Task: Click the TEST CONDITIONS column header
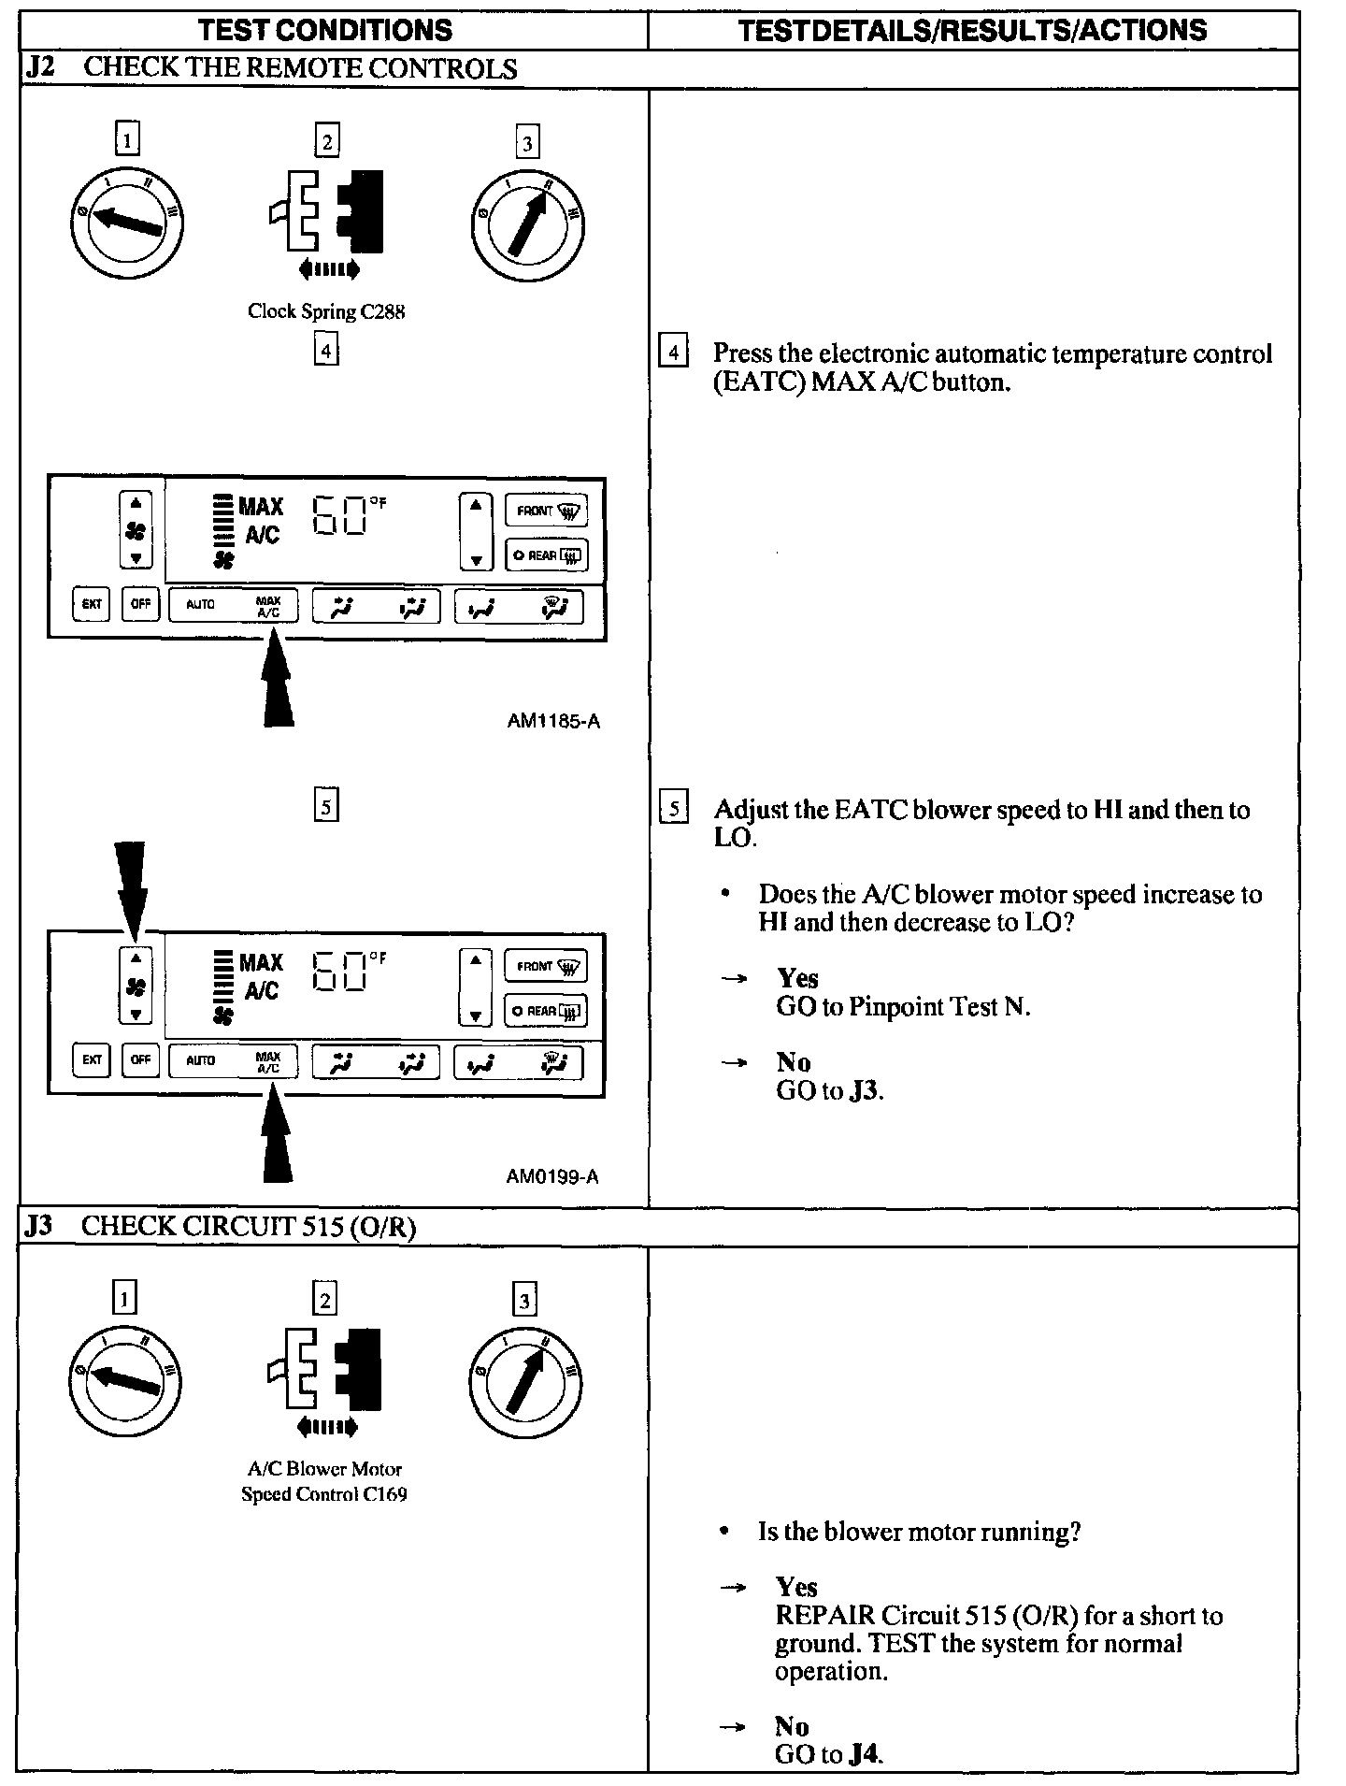click(325, 30)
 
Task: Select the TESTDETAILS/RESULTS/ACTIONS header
click(972, 30)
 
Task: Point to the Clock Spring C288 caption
click(326, 311)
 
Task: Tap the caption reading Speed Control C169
click(324, 1493)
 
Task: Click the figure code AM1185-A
click(553, 721)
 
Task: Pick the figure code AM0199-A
click(552, 1176)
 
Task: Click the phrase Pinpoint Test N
click(939, 1007)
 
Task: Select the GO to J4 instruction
click(829, 1754)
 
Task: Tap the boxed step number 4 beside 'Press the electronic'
click(673, 353)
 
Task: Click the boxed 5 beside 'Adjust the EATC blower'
click(673, 808)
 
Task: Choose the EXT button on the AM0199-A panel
click(91, 1059)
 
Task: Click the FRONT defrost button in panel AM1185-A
click(547, 511)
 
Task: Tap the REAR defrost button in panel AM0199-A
click(546, 1010)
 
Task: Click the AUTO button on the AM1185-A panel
click(200, 604)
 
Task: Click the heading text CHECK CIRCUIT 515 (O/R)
click(249, 1227)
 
